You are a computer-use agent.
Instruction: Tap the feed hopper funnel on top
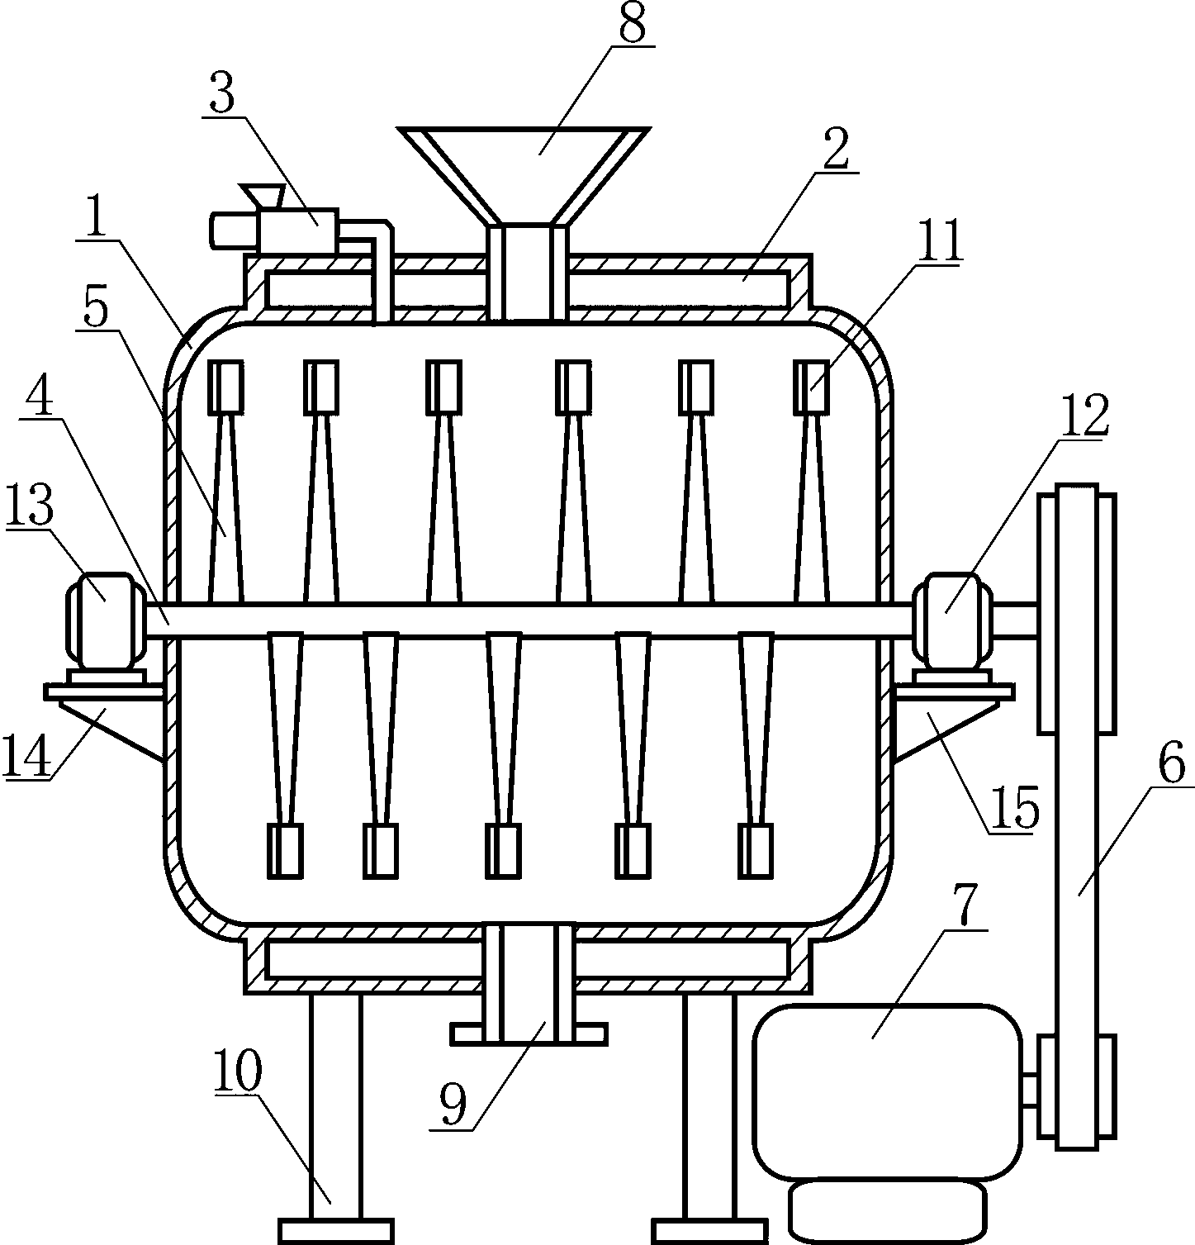(524, 165)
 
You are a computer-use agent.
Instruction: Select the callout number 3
(221, 96)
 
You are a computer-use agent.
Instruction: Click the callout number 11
(942, 242)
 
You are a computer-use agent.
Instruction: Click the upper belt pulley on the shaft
(1077, 612)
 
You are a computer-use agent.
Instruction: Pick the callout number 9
(453, 1104)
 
